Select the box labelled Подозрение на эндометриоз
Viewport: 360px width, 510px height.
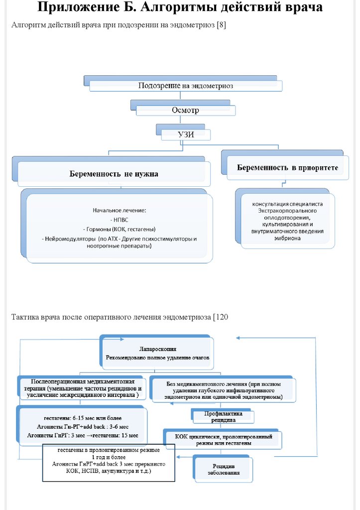185,85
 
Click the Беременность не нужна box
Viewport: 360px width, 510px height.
114,174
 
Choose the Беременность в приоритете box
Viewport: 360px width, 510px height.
287,168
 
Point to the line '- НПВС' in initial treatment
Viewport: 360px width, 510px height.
119,219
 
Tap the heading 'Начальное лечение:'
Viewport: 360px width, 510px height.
119,210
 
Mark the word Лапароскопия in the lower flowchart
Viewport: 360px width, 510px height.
157,349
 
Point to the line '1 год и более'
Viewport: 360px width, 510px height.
108,457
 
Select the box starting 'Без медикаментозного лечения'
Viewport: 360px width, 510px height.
223,390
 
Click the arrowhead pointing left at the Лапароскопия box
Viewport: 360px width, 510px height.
239,338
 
